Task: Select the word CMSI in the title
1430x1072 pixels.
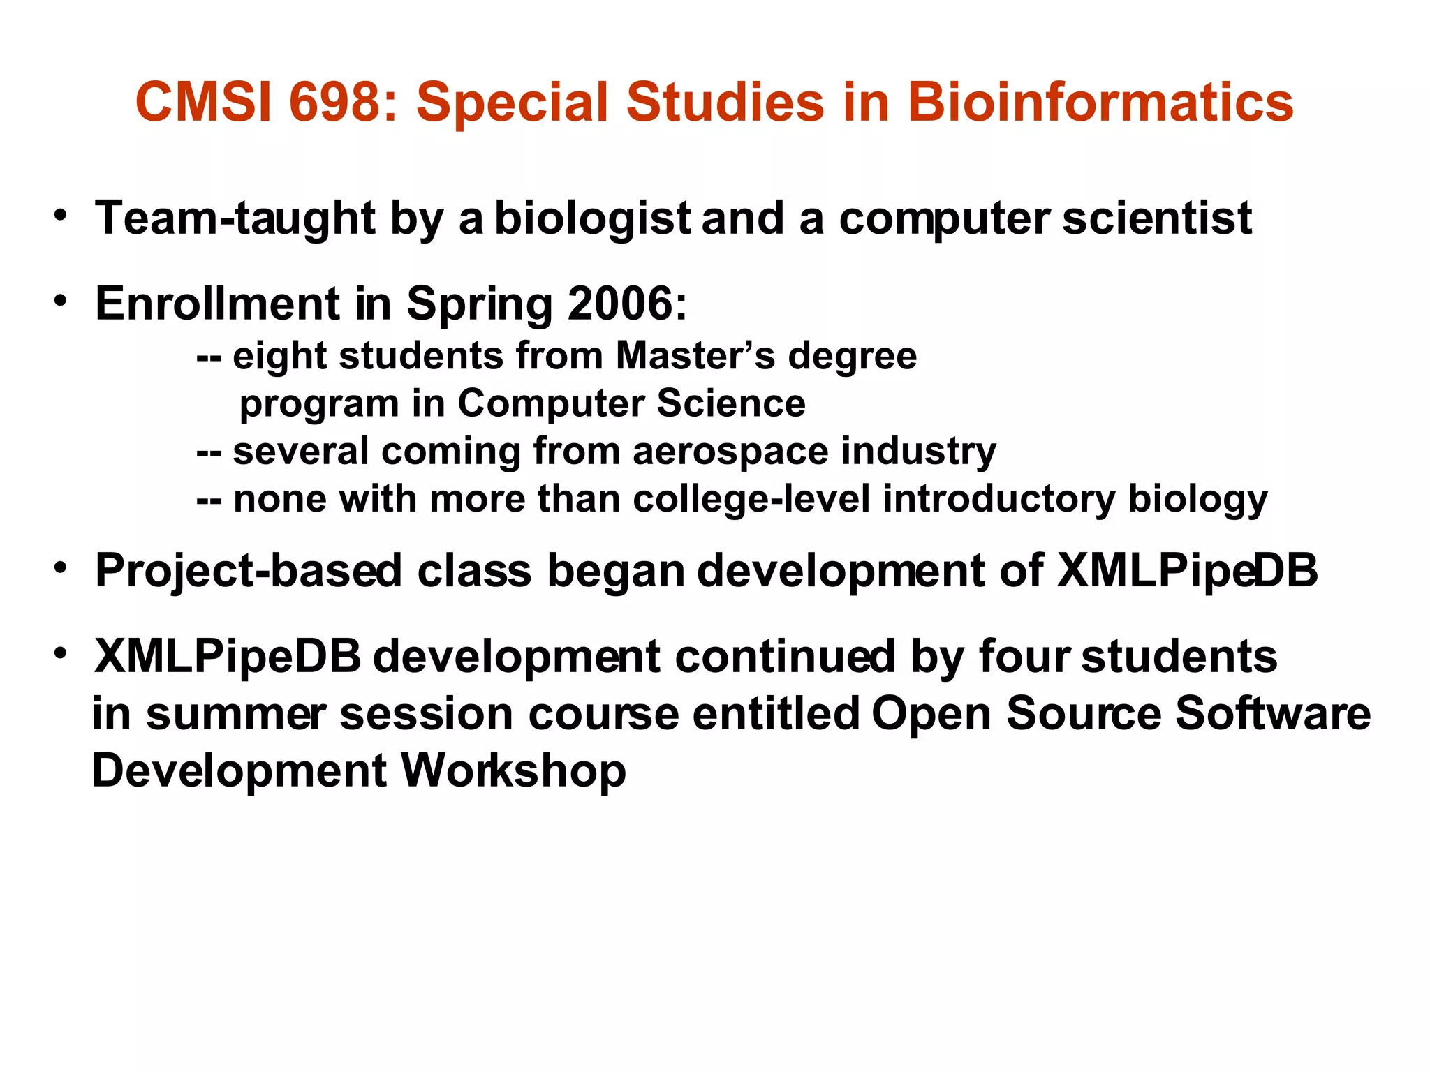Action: (x=203, y=102)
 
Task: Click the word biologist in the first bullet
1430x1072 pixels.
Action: (x=592, y=218)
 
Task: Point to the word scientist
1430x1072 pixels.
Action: (x=1157, y=218)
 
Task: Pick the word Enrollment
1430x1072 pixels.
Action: (x=217, y=304)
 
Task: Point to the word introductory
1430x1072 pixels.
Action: (x=999, y=500)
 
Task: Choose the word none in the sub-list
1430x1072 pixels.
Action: (x=279, y=500)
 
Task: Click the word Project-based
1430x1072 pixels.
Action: (x=249, y=572)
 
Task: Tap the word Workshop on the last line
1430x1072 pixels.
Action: (x=513, y=771)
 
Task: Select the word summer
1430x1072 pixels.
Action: (x=235, y=715)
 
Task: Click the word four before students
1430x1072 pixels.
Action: (x=1024, y=657)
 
